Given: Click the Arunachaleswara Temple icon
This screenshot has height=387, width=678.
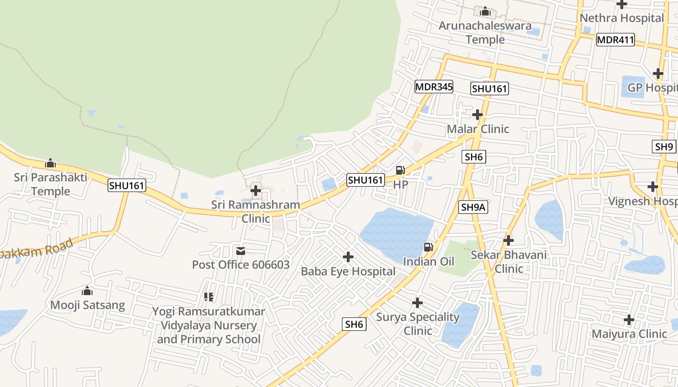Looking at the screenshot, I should (485, 11).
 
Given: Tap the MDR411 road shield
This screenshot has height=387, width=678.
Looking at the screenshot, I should (615, 40).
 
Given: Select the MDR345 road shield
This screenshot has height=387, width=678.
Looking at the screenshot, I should (434, 87).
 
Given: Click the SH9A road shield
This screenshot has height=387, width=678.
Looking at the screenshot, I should (473, 208).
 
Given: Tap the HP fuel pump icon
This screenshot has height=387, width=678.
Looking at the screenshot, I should (401, 170).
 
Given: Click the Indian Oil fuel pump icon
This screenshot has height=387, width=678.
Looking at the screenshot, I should (429, 247).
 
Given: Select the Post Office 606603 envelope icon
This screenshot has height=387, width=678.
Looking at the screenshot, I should (241, 251).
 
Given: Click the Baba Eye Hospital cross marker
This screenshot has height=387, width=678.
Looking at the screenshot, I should (348, 257).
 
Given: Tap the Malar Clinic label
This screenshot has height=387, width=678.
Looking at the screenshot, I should (478, 129).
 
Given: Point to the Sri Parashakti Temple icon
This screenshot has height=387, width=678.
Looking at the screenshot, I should (50, 163).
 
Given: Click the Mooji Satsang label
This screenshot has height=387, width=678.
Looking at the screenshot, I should (88, 305).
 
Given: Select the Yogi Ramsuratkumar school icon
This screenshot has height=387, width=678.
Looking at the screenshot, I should (209, 297).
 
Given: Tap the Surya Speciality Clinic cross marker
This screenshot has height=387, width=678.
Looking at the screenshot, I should (417, 303).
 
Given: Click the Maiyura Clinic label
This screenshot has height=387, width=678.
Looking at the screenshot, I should (629, 334).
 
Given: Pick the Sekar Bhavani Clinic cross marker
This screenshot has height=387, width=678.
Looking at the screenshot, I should (508, 240).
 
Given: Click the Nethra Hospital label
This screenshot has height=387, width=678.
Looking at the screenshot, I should (621, 18).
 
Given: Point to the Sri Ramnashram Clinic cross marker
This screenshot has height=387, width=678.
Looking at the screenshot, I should (256, 191).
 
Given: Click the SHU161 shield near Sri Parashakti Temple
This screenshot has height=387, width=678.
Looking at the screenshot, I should (127, 185).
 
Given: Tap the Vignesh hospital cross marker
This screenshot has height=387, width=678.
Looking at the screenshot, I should (653, 187).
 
